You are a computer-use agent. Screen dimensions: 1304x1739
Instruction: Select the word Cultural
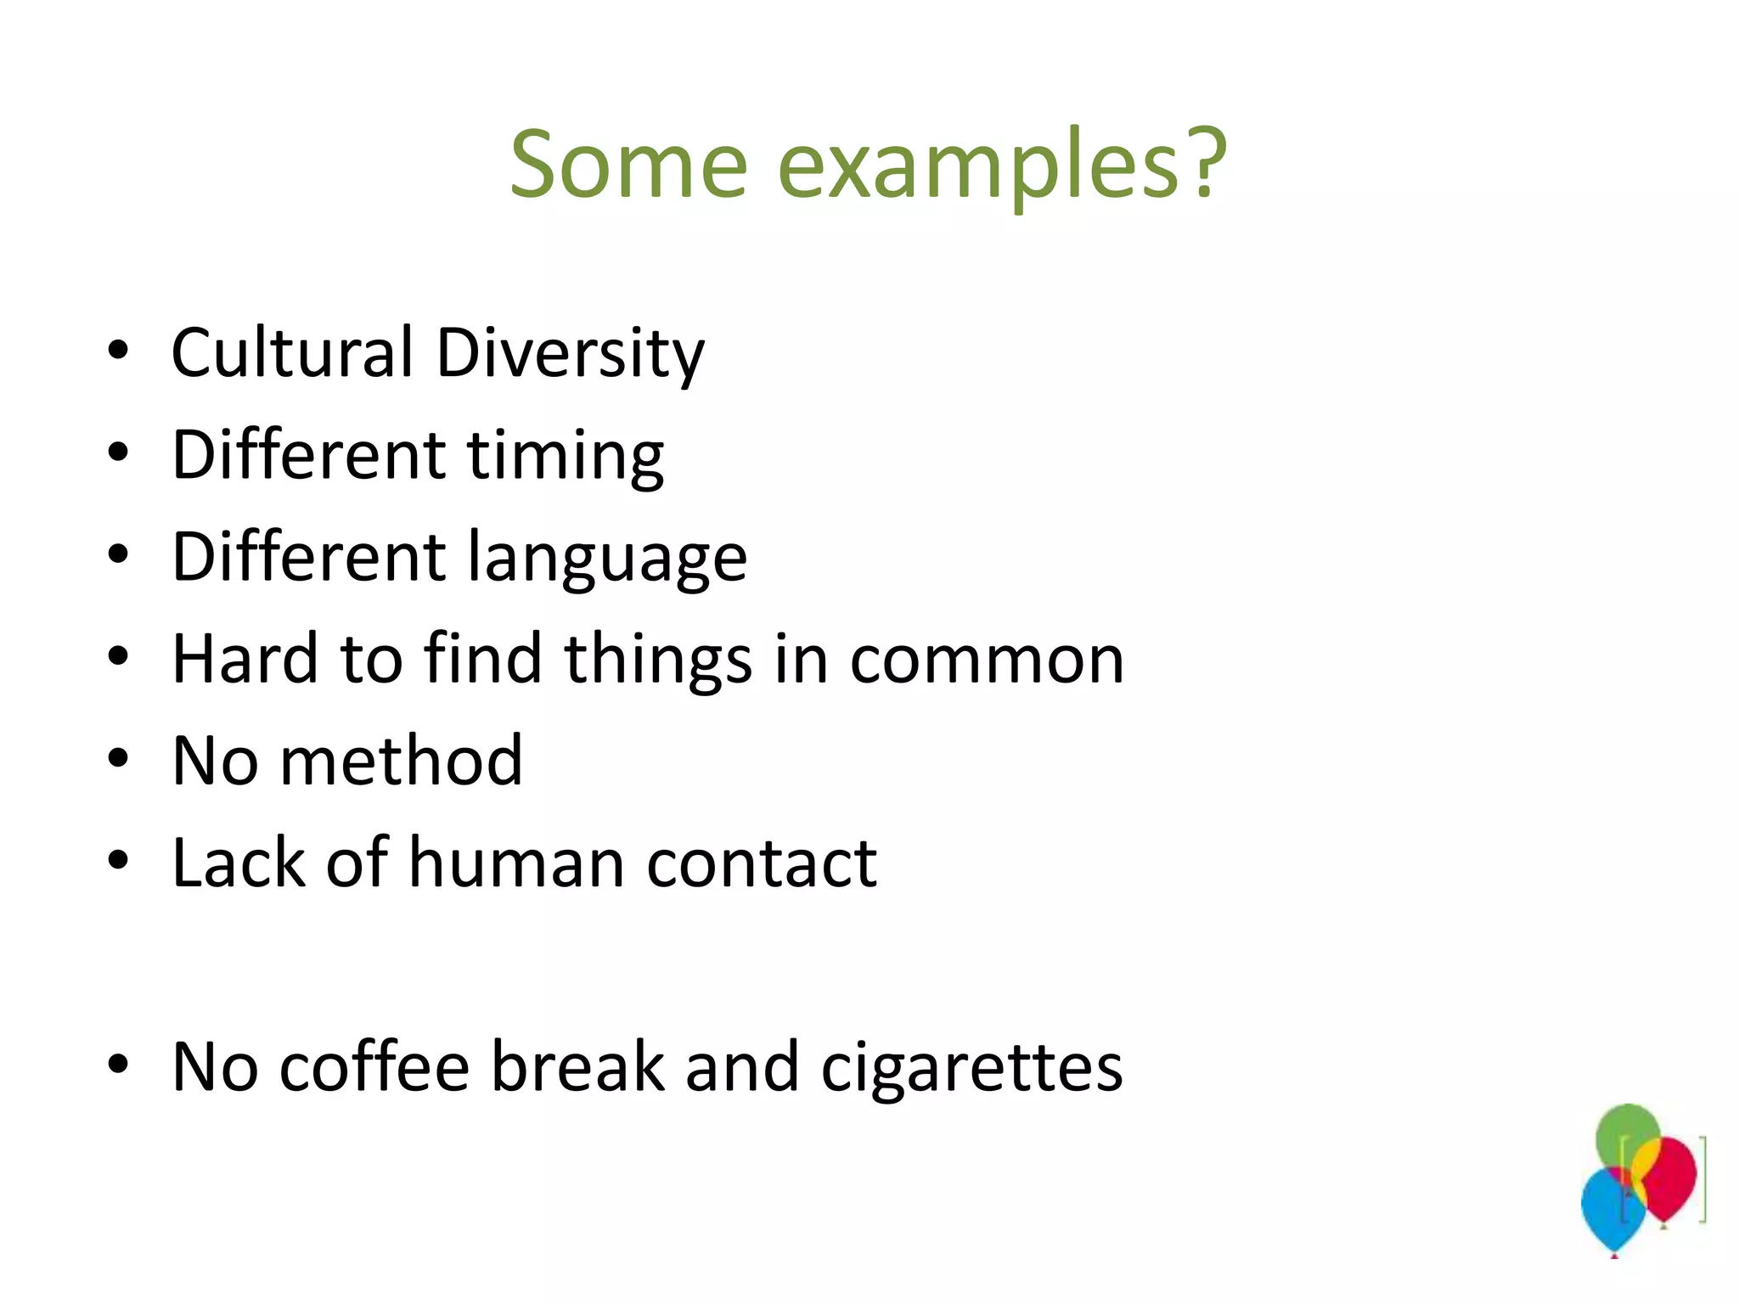[292, 352]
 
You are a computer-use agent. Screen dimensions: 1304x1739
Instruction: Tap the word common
[987, 660]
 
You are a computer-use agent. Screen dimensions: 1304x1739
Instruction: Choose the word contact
[762, 864]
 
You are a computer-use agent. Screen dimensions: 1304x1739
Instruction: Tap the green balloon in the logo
[1626, 1133]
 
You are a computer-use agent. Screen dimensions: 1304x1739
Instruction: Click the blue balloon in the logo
[1609, 1210]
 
